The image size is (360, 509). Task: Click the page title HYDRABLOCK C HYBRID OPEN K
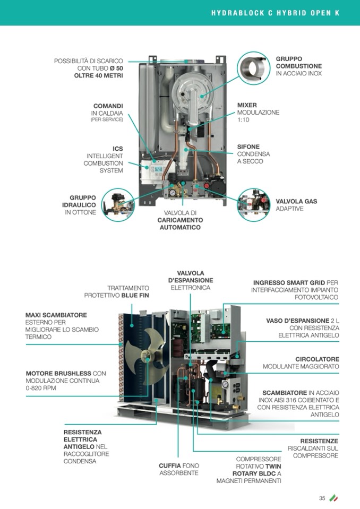point(275,13)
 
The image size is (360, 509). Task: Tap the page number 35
point(322,498)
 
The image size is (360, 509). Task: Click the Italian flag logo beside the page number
point(333,498)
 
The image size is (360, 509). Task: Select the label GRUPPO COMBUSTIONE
point(298,62)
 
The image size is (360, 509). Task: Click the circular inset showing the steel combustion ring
point(253,68)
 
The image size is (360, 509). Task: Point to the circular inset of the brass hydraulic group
point(117,205)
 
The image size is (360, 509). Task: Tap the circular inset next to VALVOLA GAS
point(253,205)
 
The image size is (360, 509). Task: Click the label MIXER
point(247,105)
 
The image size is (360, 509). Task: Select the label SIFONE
point(248,146)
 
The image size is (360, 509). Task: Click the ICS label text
point(117,149)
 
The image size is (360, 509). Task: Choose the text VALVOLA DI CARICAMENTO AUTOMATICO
point(180,220)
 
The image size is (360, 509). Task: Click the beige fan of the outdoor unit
point(146,356)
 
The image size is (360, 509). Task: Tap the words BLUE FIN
point(135,296)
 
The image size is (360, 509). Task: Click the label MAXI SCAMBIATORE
point(56,315)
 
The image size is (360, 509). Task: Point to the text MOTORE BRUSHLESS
point(58,373)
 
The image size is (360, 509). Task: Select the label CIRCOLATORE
point(317,359)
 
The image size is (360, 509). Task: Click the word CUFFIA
point(169,465)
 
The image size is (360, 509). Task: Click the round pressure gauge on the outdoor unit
point(225,384)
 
